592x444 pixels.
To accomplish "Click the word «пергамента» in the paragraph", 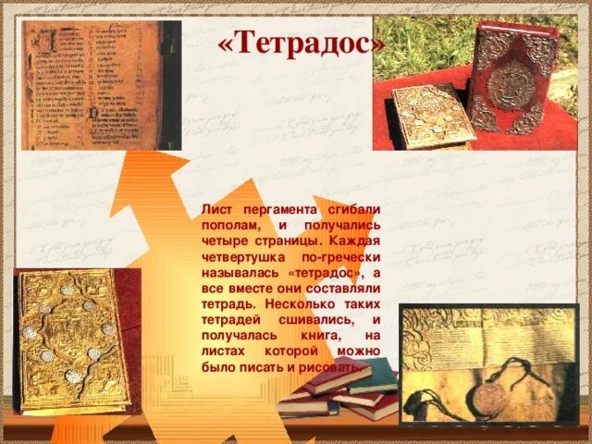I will point(274,210).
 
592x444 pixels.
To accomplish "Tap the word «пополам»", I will point(231,226).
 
